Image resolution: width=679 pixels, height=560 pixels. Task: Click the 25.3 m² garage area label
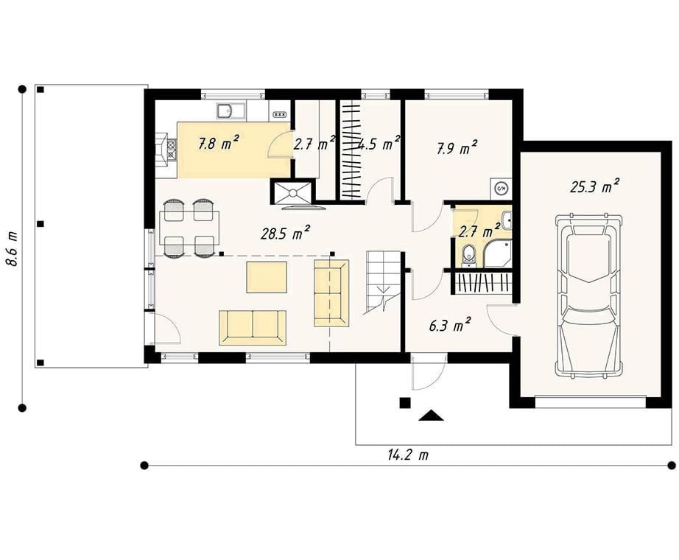click(x=594, y=186)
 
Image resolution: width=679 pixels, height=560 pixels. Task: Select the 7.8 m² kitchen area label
click(x=219, y=143)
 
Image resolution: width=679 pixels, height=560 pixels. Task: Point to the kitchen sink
click(x=231, y=111)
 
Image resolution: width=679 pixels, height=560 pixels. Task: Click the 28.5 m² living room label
click(x=285, y=233)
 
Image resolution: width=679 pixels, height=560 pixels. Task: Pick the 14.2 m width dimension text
click(x=408, y=455)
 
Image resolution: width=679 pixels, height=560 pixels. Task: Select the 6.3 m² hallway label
click(x=450, y=324)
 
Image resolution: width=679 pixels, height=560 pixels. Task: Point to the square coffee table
click(x=267, y=277)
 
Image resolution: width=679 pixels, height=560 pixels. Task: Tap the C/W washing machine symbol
click(x=502, y=189)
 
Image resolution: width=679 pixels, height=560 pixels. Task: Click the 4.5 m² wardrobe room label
click(x=379, y=144)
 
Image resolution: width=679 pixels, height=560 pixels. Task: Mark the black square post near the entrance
click(x=404, y=402)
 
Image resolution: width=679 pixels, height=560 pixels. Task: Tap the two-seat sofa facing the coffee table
click(x=253, y=328)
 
